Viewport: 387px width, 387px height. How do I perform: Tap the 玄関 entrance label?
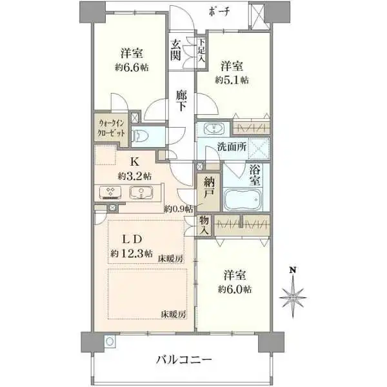click(176, 50)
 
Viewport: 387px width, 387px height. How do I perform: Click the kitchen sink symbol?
click(139, 192)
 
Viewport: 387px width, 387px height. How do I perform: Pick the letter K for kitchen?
click(135, 163)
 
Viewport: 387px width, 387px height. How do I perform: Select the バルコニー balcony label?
click(184, 359)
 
